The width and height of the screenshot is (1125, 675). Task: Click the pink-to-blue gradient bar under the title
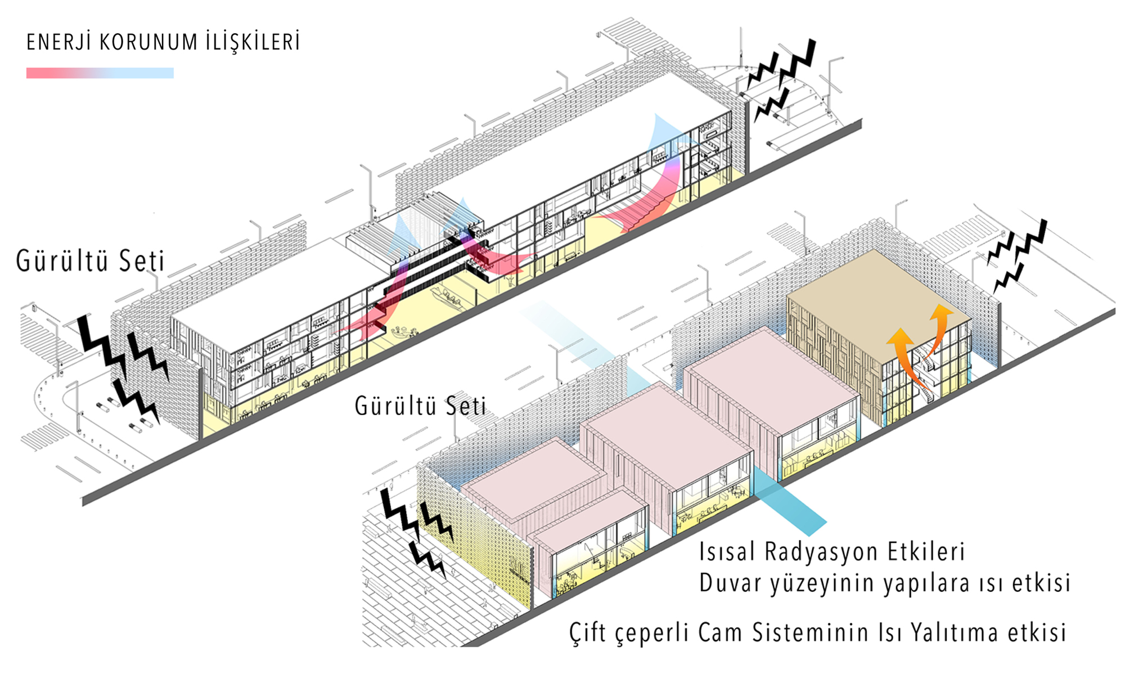[100, 73]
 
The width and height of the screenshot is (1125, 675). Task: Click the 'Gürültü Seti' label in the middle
[420, 406]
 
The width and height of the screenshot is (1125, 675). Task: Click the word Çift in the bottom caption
[588, 632]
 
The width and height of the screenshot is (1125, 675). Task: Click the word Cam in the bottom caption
[721, 632]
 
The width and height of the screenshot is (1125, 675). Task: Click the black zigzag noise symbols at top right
[785, 79]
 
